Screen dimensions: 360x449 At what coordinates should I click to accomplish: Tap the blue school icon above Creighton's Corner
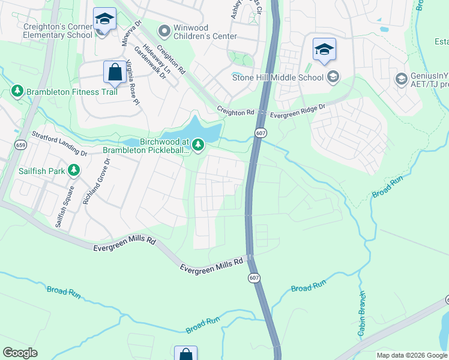coord(104,19)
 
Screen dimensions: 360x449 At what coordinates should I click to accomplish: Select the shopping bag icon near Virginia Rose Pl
coord(115,72)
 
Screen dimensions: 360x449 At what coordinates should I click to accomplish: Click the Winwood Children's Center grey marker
coord(163,30)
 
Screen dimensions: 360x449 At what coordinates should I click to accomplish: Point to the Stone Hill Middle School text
coord(277,77)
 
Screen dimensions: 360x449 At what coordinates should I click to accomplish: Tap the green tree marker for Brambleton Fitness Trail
coord(17,91)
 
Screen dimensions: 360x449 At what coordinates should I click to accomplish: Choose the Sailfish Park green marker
coord(74,171)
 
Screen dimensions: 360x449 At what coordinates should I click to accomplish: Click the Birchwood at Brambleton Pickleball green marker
coord(197,145)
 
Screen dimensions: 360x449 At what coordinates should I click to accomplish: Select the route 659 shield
coord(21,145)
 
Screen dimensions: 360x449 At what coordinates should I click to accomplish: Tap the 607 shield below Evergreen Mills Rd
coord(254,277)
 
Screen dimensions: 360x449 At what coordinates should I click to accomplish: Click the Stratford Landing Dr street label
coord(59,144)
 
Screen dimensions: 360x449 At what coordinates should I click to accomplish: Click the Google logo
coord(20,353)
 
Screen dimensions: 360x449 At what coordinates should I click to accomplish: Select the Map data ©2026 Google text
coord(411,355)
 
